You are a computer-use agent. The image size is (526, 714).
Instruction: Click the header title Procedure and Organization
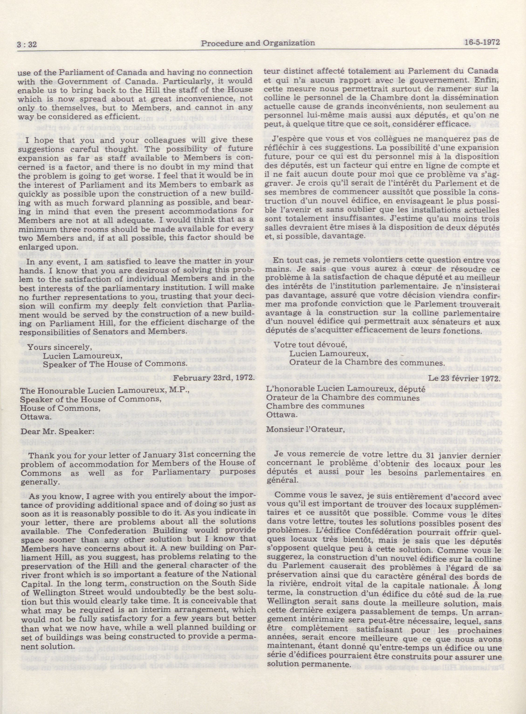coord(258,43)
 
